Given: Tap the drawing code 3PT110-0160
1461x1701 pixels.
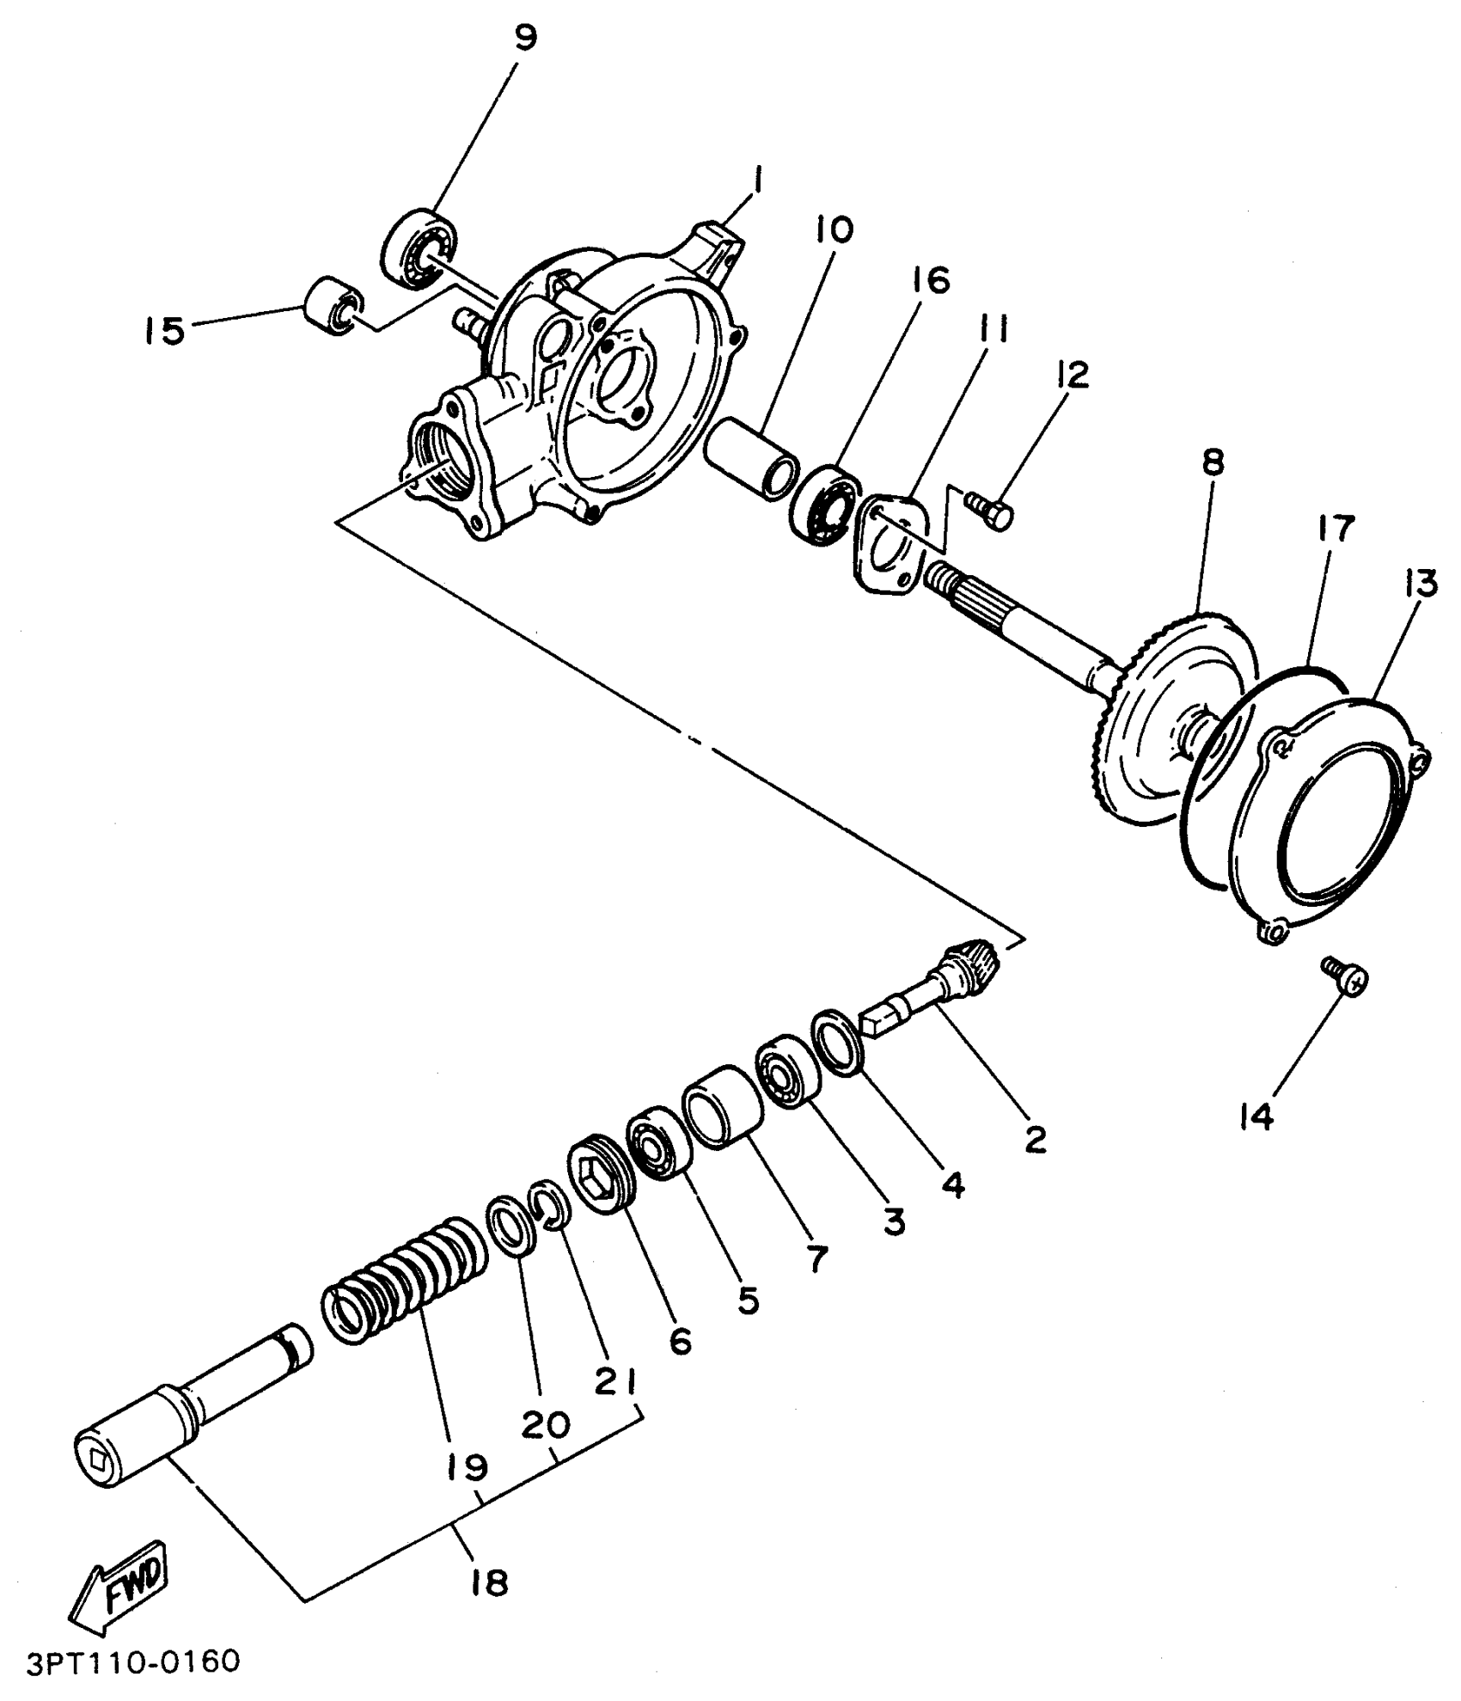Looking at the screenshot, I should tap(132, 1661).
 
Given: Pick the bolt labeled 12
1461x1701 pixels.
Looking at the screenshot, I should tap(991, 511).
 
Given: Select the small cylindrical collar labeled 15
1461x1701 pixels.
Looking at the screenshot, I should tap(333, 308).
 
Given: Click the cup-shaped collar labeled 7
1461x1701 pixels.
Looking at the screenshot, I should tap(723, 1107).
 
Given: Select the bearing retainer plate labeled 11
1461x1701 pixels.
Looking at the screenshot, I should tap(889, 540).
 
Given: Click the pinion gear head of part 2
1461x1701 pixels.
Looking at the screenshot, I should tap(971, 957).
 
